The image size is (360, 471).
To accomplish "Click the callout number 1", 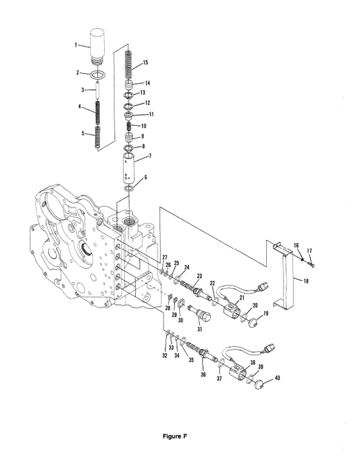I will point(76,44).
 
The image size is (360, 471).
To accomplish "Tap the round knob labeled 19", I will point(254,324).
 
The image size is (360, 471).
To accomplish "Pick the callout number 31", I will point(199,329).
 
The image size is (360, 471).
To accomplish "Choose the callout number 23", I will point(199,276).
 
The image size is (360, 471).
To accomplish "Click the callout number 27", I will point(163,257).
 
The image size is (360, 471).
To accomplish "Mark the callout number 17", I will point(310,251).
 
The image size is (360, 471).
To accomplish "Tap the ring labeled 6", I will point(132,186).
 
